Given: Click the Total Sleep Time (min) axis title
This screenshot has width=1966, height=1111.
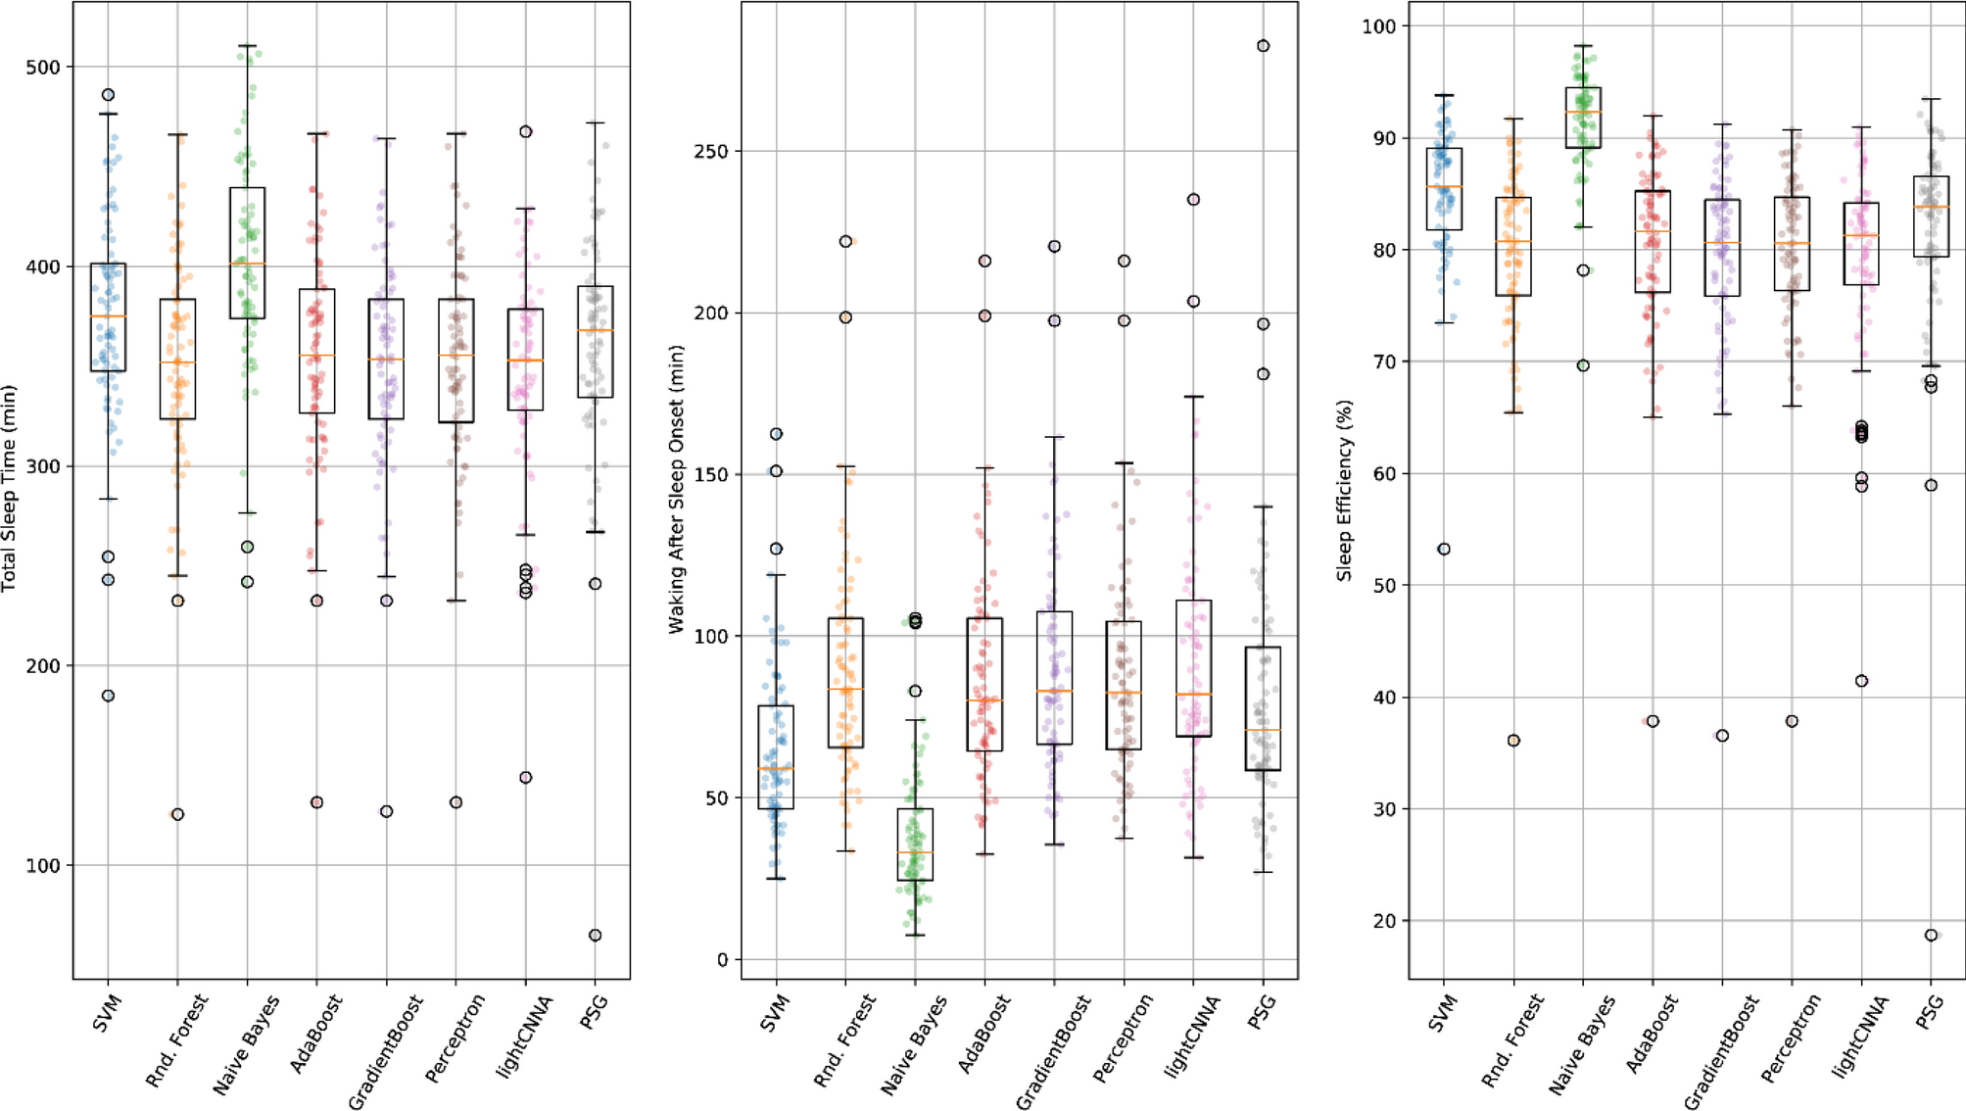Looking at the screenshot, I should (9, 488).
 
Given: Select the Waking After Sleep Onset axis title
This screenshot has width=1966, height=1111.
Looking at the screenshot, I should (676, 488).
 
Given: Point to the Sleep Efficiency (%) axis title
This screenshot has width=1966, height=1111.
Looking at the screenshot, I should (1344, 490).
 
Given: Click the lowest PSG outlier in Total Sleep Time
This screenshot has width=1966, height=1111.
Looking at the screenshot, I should (595, 936).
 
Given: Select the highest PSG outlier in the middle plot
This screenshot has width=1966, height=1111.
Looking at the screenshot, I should (1264, 46).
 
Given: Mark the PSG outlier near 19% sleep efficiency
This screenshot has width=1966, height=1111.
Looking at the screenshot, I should (1931, 936).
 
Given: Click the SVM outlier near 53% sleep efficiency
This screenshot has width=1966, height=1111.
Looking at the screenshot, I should (1444, 550).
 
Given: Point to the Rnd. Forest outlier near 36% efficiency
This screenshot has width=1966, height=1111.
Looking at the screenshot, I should (1513, 741).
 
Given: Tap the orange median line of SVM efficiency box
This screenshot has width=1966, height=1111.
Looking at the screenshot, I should (1444, 187).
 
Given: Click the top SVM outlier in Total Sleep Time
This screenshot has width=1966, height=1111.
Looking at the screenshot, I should (109, 95).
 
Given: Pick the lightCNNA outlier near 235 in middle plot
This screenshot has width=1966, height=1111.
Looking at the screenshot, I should (1194, 200).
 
